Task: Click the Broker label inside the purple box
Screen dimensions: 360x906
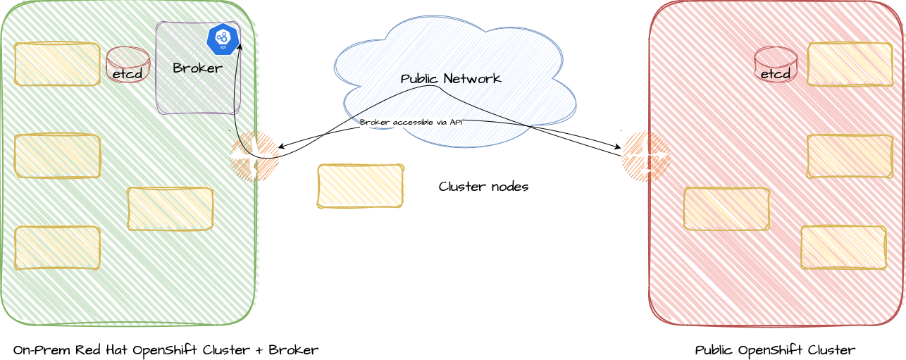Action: (x=197, y=68)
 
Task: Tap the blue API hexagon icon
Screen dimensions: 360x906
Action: (x=223, y=39)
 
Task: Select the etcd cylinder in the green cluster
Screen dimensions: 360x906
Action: (x=128, y=65)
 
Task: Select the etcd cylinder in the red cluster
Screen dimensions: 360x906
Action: (x=775, y=65)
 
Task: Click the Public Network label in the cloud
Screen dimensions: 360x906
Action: (x=451, y=79)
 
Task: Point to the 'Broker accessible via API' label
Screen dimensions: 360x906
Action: (x=411, y=123)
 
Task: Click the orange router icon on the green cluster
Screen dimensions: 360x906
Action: (x=254, y=156)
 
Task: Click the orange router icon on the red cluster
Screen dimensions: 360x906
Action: (x=645, y=156)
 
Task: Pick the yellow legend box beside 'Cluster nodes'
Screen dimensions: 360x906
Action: (x=360, y=186)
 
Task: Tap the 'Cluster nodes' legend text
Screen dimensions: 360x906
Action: (x=483, y=187)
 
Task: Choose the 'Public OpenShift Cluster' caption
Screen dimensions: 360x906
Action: (x=775, y=350)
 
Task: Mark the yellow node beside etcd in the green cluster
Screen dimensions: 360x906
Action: (x=57, y=64)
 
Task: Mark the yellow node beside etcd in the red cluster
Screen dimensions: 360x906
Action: (x=850, y=64)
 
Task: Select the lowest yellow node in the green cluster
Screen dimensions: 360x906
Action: (x=57, y=247)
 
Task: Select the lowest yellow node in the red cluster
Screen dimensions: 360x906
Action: (x=843, y=247)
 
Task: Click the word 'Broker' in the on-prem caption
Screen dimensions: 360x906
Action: (x=293, y=350)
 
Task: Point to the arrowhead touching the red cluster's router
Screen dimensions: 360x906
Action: (x=618, y=148)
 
